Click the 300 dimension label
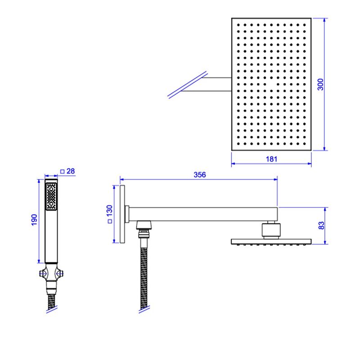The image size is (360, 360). (320, 84)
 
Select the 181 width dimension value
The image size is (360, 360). (271, 159)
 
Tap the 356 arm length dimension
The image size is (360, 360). (200, 175)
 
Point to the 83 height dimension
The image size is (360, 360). (321, 225)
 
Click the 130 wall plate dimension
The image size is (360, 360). (109, 211)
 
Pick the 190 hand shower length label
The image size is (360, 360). (34, 220)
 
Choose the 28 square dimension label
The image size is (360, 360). (71, 171)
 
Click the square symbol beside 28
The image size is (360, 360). (62, 171)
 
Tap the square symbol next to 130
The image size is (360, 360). (110, 221)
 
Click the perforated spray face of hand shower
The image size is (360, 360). (51, 196)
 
